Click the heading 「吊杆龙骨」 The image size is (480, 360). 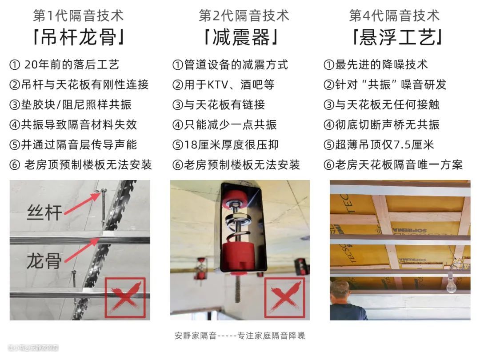(78, 37)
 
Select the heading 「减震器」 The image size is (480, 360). (241, 37)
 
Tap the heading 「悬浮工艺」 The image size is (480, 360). (397, 37)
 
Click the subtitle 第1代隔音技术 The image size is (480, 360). (78, 16)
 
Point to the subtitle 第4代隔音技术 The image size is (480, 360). (394, 16)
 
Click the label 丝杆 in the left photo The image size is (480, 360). (44, 212)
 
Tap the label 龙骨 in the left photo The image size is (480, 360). (44, 261)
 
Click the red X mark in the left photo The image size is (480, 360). (125, 298)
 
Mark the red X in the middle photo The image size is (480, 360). (285, 298)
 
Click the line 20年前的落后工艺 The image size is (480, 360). (64, 64)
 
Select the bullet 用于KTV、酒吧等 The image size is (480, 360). (223, 85)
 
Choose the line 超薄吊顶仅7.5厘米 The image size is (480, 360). (379, 144)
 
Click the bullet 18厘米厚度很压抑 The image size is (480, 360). (225, 144)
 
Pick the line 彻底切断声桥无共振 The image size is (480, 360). (381, 124)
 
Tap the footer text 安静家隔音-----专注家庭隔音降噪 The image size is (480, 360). (240, 336)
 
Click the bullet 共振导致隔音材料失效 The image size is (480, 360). (73, 124)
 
